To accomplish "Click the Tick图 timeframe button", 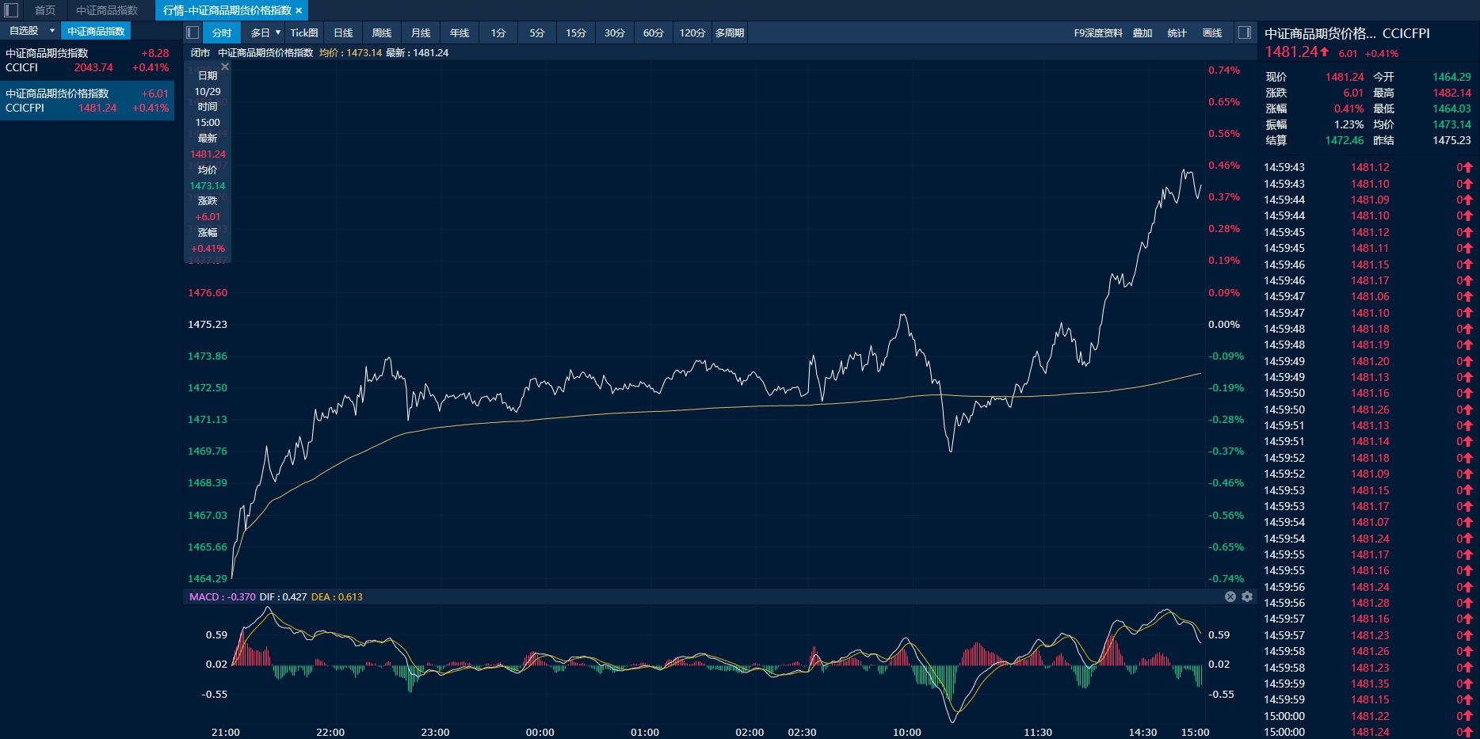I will (303, 32).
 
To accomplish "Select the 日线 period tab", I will (343, 32).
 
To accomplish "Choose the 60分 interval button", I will (653, 32).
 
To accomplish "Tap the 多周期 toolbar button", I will (729, 32).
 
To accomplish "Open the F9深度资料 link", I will (1098, 32).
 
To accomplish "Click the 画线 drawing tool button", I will (1212, 32).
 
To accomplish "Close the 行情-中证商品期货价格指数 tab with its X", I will (299, 10).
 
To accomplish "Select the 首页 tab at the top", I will (45, 10).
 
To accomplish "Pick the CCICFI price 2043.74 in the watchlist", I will (93, 67).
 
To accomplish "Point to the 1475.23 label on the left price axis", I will (208, 324).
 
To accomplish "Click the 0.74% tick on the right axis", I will (1224, 70).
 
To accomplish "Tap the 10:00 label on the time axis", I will (906, 732).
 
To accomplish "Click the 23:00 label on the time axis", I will (435, 732).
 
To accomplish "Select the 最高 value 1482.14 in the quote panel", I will (1451, 93).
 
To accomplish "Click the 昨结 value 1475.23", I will (1451, 140).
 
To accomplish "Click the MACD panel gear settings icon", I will (1247, 596).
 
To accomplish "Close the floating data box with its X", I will (225, 67).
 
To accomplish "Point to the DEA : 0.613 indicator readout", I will (337, 596).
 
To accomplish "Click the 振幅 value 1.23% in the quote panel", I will (1348, 124).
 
